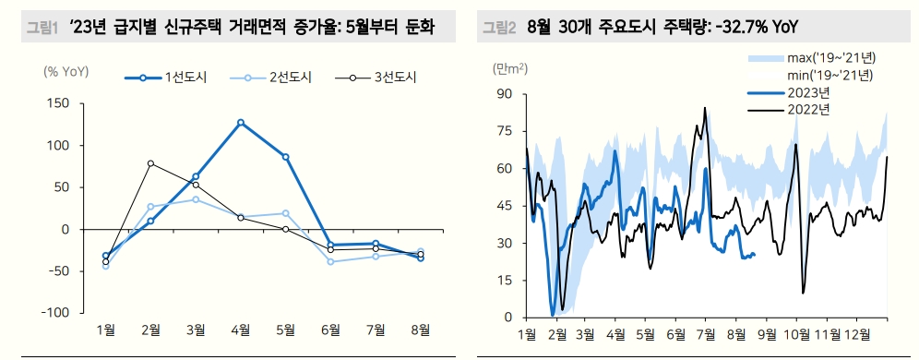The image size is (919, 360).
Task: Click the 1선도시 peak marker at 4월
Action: (241, 122)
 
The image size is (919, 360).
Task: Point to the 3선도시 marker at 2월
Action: (150, 163)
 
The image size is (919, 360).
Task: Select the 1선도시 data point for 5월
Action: (286, 157)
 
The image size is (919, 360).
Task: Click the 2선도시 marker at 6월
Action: (330, 261)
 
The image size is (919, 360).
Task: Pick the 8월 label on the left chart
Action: (421, 329)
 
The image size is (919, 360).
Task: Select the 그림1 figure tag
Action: (40, 28)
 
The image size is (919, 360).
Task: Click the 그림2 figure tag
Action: (499, 28)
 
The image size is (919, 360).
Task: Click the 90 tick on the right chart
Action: (505, 93)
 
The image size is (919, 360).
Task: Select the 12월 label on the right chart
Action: (856, 332)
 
